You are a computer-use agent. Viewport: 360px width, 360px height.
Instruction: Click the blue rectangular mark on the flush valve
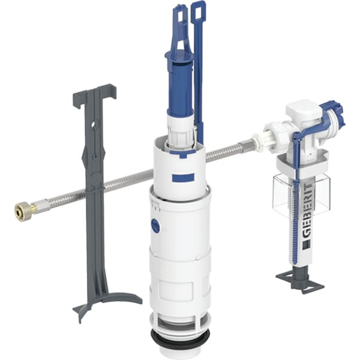(x=183, y=177)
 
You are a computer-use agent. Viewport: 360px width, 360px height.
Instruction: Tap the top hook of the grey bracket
(x=95, y=95)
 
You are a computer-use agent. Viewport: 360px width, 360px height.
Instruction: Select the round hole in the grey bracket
(x=94, y=126)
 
